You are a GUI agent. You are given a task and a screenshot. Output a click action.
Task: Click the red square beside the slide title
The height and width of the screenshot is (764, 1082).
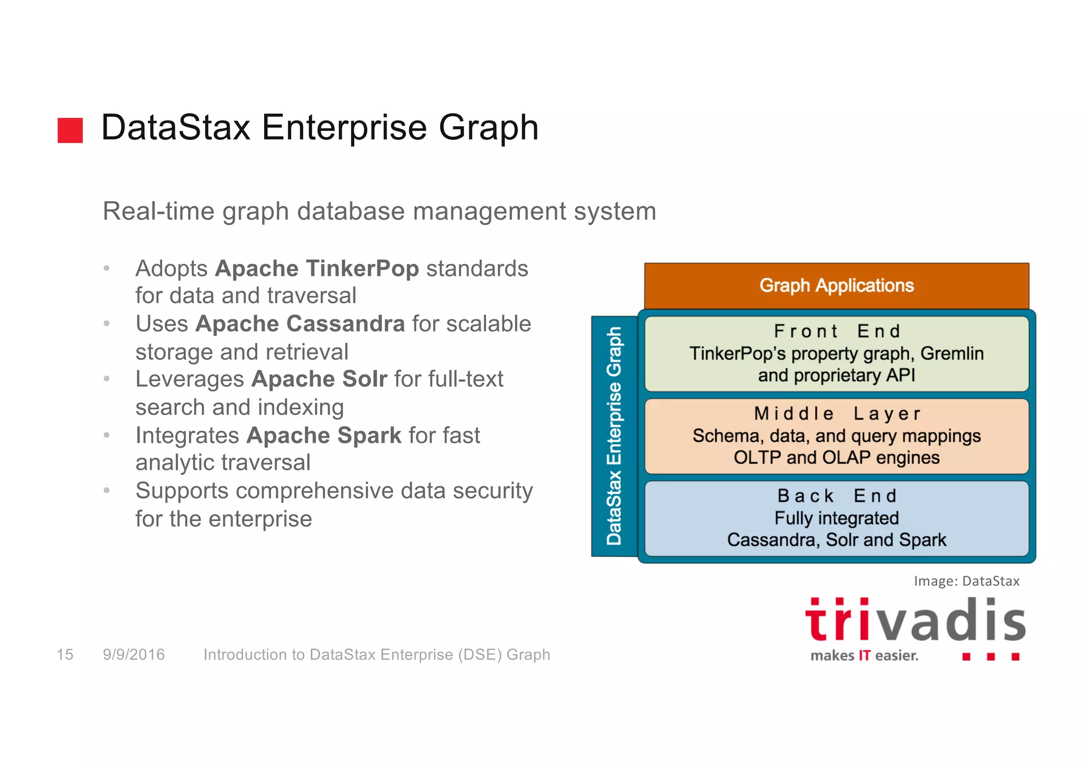tap(70, 130)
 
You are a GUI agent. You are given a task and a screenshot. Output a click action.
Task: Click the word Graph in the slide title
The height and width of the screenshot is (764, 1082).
tap(488, 128)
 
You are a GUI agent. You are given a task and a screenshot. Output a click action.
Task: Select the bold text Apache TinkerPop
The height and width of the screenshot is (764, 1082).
tap(317, 268)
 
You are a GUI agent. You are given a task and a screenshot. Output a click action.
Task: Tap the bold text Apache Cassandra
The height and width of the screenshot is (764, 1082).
tap(300, 324)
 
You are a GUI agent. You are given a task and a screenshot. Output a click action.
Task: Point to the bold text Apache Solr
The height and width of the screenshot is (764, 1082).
tap(319, 379)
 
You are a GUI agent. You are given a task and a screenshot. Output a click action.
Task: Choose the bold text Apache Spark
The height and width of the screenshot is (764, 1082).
tap(324, 436)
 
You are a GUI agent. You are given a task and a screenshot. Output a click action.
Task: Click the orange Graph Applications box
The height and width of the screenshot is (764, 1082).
tap(836, 286)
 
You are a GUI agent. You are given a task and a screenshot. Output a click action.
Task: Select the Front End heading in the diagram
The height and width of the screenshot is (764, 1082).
tap(837, 331)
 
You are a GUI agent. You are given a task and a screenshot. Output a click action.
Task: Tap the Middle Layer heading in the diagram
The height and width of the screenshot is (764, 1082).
tap(837, 413)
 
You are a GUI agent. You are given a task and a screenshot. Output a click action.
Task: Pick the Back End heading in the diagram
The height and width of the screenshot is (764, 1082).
tap(837, 496)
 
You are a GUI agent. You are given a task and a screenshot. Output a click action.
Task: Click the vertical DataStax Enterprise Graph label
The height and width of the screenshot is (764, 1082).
tap(614, 436)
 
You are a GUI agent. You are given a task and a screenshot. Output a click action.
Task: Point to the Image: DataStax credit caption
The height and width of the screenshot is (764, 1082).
tap(966, 581)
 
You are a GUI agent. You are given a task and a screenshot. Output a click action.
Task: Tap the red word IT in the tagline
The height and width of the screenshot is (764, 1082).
tap(864, 656)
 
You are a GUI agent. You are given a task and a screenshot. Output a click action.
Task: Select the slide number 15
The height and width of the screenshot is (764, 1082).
tap(65, 655)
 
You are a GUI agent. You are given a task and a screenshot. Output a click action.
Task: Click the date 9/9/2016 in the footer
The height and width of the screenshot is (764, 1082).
tap(134, 655)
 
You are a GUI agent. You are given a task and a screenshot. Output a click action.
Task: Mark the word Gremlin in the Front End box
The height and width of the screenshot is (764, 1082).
tap(952, 353)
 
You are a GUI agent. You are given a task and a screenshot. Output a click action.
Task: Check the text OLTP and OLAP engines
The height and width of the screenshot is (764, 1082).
tap(836, 457)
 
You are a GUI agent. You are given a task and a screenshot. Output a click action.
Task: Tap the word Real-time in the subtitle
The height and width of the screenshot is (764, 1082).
tap(158, 211)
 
